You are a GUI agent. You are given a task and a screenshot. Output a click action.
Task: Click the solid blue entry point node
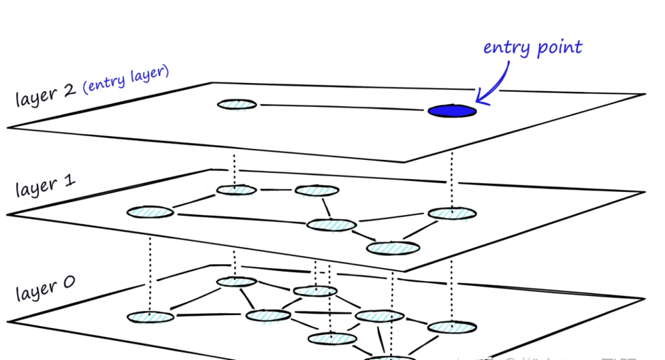[x=452, y=111]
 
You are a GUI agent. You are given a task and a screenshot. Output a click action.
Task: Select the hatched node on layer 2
[x=236, y=104]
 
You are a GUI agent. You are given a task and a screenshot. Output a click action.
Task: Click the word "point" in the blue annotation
[x=558, y=47]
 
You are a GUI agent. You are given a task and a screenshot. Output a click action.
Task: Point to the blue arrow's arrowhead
[x=479, y=98]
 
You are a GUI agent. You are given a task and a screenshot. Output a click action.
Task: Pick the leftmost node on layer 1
[x=150, y=212]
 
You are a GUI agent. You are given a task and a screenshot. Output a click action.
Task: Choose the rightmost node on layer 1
[x=452, y=214]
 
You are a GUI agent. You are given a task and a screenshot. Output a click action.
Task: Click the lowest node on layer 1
[x=393, y=248]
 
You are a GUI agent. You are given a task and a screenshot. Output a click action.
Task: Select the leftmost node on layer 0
[x=150, y=317]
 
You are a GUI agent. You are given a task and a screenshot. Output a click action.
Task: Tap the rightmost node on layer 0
[x=452, y=327]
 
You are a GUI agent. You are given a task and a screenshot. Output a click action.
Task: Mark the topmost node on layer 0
[x=236, y=281]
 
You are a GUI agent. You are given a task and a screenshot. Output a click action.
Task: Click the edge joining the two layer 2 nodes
[x=342, y=108]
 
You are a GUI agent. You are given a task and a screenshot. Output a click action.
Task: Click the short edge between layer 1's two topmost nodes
[x=275, y=190]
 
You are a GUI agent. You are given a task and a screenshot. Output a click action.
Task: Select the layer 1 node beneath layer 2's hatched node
[x=236, y=190]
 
